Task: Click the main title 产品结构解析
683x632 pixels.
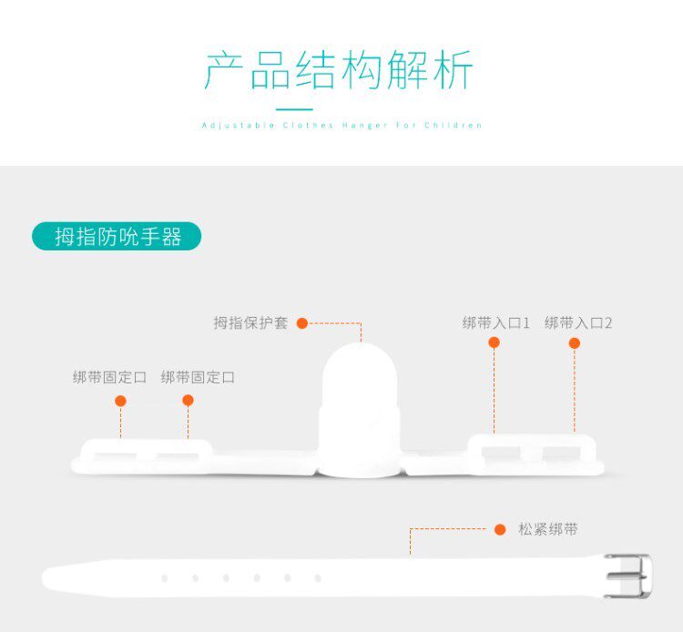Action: tap(339, 71)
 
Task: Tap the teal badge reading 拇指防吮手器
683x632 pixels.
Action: tap(117, 238)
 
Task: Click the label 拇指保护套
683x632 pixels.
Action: tap(250, 323)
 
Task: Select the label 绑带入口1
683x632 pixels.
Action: tap(496, 323)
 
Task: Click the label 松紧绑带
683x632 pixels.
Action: tap(548, 529)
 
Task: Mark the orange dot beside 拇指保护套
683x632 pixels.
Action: tap(302, 323)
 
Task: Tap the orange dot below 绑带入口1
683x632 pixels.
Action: tap(494, 343)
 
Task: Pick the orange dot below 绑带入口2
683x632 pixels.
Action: tap(575, 343)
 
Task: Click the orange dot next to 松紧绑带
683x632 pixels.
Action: tap(500, 529)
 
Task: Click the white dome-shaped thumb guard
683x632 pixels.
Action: tap(362, 401)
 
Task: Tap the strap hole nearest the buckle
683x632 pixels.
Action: tap(318, 577)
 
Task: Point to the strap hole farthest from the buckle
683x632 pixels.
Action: tap(164, 577)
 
